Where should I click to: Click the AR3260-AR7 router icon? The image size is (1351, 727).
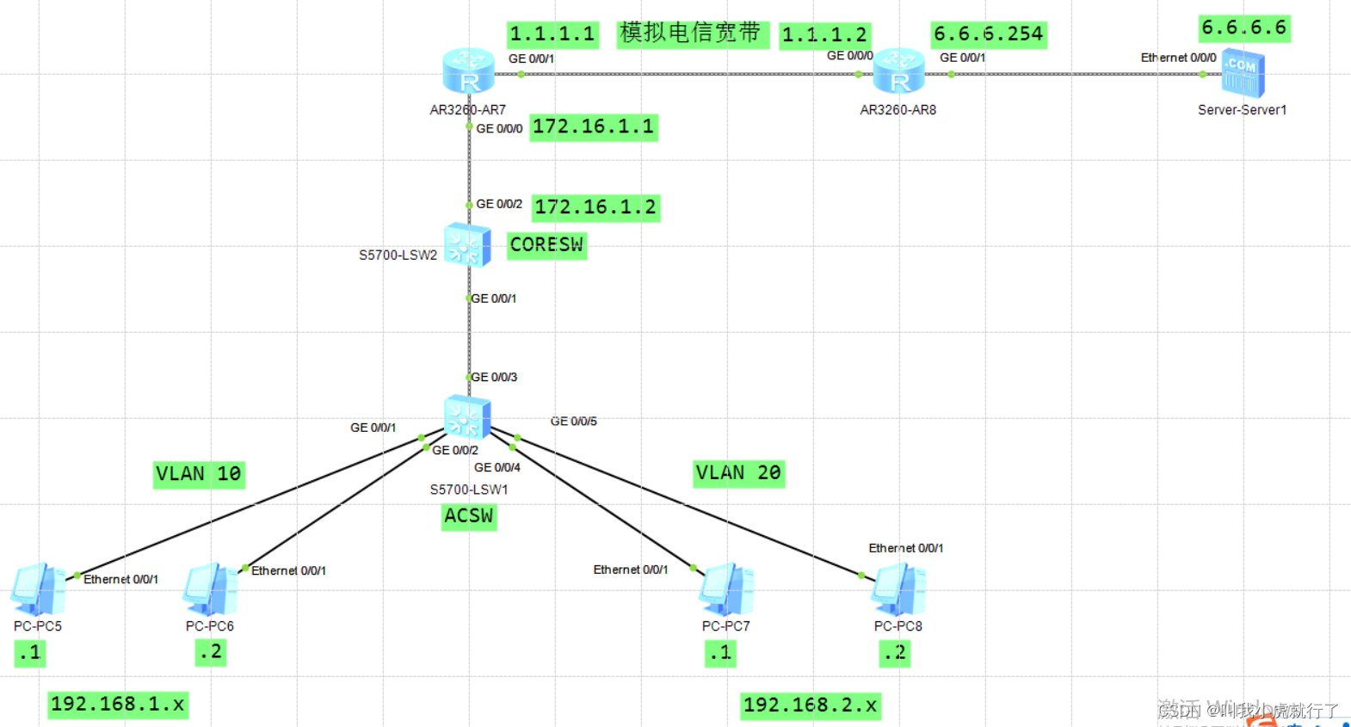click(x=468, y=71)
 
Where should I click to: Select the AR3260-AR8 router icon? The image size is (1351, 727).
click(x=898, y=71)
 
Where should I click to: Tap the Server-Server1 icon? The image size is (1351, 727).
click(x=1243, y=73)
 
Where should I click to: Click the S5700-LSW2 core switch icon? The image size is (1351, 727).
click(x=467, y=245)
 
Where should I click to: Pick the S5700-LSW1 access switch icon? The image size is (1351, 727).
click(x=467, y=417)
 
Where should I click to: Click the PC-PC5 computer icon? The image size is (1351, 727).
click(x=37, y=589)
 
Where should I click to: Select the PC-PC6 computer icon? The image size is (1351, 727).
click(x=210, y=589)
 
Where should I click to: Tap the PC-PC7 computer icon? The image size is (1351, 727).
click(x=726, y=589)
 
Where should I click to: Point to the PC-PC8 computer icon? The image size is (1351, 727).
click(x=898, y=589)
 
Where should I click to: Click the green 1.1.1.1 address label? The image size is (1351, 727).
click(x=552, y=34)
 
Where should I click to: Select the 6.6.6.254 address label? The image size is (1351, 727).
click(x=989, y=34)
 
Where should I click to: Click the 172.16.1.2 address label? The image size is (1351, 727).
click(x=595, y=207)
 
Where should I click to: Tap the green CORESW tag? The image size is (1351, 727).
click(x=546, y=245)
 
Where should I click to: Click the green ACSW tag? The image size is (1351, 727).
click(x=469, y=516)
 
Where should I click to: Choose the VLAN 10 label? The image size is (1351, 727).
click(x=199, y=474)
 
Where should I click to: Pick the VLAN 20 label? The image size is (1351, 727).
click(x=738, y=473)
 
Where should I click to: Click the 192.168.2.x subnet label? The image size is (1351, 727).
click(x=810, y=705)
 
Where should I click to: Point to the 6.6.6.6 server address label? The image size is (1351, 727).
click(x=1244, y=28)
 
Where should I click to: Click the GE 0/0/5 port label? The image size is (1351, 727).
click(x=573, y=422)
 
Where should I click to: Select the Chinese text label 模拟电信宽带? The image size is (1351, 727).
click(x=690, y=34)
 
